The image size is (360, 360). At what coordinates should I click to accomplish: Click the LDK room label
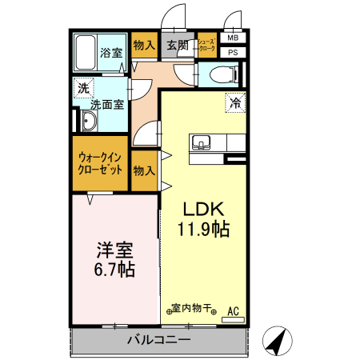(x=202, y=209)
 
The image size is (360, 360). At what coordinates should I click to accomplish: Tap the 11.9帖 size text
(x=203, y=230)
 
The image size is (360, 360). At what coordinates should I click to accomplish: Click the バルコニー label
(x=158, y=340)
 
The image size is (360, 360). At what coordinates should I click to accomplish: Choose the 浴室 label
(x=111, y=54)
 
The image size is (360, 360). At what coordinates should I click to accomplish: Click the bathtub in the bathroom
(x=86, y=53)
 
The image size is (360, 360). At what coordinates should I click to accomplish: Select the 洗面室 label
(x=106, y=104)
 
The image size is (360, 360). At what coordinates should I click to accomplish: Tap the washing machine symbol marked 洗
(x=83, y=88)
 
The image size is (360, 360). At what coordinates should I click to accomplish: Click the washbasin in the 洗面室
(x=88, y=122)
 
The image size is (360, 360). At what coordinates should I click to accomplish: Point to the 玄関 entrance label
(x=178, y=46)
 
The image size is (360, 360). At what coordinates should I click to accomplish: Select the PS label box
(x=233, y=53)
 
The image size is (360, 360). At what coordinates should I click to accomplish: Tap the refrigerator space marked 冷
(x=236, y=102)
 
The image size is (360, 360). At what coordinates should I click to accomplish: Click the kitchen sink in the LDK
(x=201, y=143)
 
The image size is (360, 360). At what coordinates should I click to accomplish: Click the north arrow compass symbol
(x=276, y=342)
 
